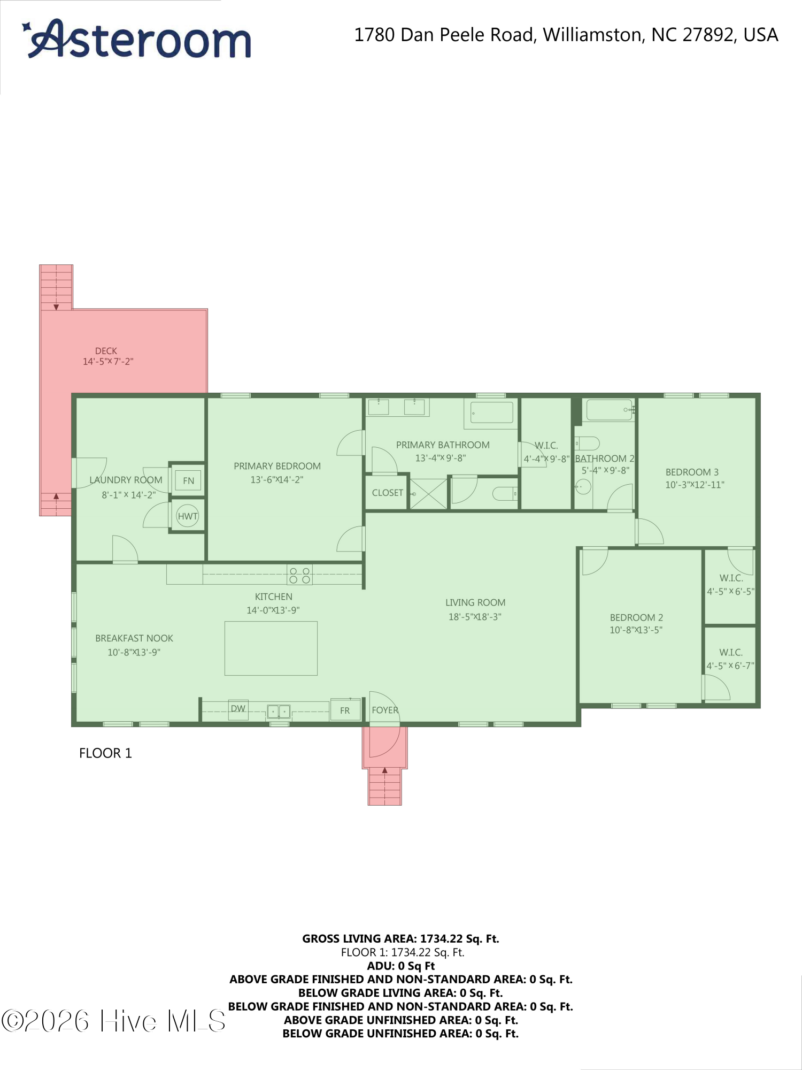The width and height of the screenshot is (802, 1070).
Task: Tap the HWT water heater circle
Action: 188,516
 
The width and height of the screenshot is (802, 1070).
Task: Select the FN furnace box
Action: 188,480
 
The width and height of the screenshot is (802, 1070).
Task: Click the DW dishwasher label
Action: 238,709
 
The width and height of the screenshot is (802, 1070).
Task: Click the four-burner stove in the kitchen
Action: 299,575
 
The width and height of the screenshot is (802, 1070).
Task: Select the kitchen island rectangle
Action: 271,648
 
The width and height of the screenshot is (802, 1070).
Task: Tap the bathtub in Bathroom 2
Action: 610,410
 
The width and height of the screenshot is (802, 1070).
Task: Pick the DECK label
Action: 106,351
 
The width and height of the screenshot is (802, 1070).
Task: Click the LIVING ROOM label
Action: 475,602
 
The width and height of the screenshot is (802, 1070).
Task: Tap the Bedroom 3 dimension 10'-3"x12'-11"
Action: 695,485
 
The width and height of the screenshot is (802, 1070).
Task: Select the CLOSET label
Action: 387,493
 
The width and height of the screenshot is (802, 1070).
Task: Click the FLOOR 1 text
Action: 105,753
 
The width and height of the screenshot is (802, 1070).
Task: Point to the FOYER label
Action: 385,710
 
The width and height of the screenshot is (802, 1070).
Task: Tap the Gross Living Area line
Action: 400,938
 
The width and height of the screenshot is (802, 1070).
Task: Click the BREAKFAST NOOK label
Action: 134,638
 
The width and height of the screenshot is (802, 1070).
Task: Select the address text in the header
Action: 566,35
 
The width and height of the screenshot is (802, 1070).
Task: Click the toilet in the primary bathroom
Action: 504,493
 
